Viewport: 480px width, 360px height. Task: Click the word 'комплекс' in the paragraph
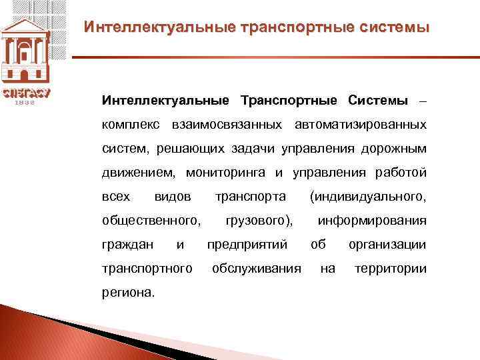click(x=127, y=125)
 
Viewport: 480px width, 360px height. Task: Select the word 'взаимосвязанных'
click(x=213, y=125)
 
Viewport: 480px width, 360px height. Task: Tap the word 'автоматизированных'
click(x=360, y=125)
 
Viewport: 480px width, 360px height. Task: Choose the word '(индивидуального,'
click(x=367, y=197)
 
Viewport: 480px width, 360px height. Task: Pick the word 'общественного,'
click(x=152, y=221)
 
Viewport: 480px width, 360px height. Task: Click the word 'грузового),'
click(x=259, y=221)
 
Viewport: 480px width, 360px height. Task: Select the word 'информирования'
click(x=372, y=221)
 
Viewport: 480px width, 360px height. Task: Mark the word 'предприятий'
click(x=247, y=245)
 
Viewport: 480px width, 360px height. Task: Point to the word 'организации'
click(x=387, y=245)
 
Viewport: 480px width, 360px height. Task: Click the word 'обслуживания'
click(x=256, y=269)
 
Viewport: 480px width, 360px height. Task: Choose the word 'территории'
click(x=390, y=269)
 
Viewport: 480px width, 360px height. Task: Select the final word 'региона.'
click(x=127, y=293)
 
